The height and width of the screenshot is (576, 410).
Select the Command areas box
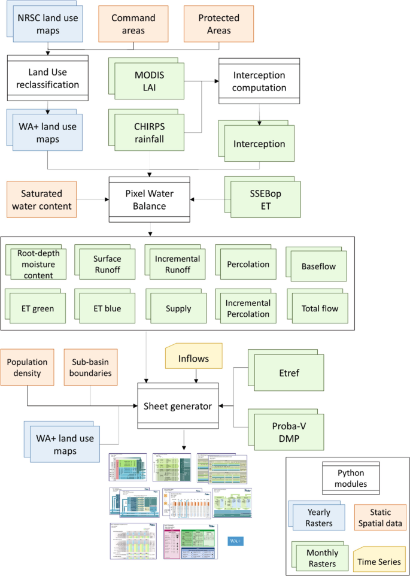(x=133, y=25)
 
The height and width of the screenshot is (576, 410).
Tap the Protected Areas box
(x=218, y=25)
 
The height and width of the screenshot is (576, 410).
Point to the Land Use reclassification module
(x=48, y=78)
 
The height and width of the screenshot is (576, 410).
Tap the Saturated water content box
(x=46, y=200)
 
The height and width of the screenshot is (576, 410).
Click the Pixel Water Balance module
(x=149, y=200)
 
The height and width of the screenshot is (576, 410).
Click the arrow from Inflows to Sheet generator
(x=196, y=377)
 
